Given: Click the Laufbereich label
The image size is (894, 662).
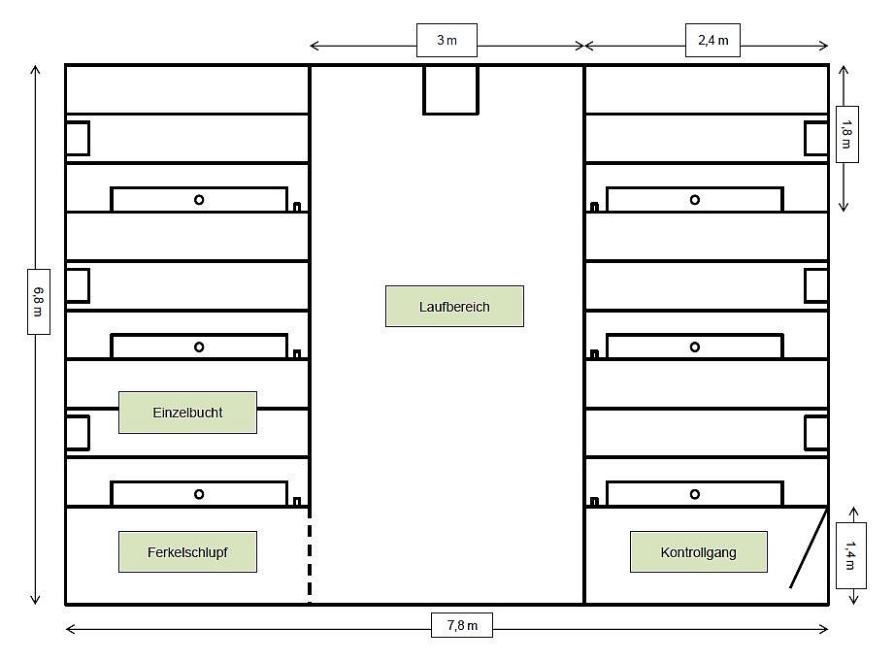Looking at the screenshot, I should pyautogui.click(x=454, y=307).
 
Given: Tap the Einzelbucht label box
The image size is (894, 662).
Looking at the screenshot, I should pyautogui.click(x=187, y=413).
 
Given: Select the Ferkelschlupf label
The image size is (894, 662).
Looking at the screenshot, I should pyautogui.click(x=187, y=552).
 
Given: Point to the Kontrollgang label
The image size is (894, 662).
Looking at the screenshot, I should pyautogui.click(x=698, y=552).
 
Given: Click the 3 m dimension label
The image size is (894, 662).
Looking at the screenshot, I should pyautogui.click(x=447, y=41).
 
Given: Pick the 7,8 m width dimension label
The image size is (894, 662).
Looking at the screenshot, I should pyautogui.click(x=462, y=625).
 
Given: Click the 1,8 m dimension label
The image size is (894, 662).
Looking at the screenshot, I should pyautogui.click(x=846, y=134).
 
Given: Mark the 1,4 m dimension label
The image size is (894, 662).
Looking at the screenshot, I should pyautogui.click(x=850, y=554).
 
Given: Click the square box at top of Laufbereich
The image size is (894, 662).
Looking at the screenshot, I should pyautogui.click(x=451, y=89).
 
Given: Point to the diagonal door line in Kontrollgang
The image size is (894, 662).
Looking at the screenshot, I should pyautogui.click(x=808, y=548).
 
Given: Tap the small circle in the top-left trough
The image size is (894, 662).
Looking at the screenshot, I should pyautogui.click(x=199, y=200).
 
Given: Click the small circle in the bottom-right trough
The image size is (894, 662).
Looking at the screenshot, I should pyautogui.click(x=695, y=494).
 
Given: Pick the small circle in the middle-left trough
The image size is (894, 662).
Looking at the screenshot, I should pyautogui.click(x=199, y=347).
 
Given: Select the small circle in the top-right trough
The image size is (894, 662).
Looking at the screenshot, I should pyautogui.click(x=695, y=200).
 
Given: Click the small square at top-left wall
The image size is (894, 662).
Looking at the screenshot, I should pyautogui.click(x=78, y=138).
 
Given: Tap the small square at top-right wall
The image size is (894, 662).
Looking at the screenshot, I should pyautogui.click(x=816, y=138).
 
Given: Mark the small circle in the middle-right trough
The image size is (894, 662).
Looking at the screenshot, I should pyautogui.click(x=695, y=347).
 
